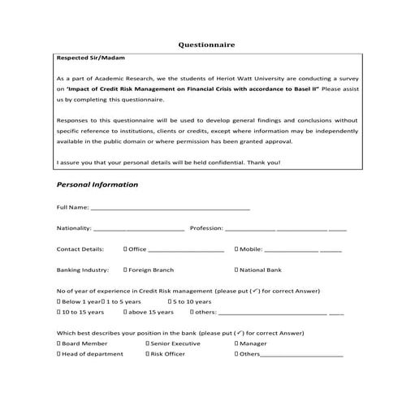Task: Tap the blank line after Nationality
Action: pos(139,229)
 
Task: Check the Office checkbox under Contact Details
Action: pos(125,249)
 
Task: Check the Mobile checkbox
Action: pos(236,249)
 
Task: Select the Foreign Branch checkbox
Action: pos(125,270)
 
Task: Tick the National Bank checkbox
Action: pos(236,270)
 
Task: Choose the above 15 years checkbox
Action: pos(125,312)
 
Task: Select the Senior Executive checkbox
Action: pos(148,344)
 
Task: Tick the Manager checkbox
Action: pos(236,344)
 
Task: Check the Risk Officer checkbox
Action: pos(148,354)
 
